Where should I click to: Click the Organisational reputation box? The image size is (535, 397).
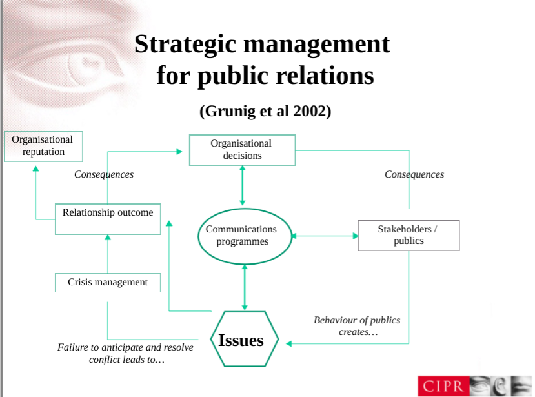click(43, 146)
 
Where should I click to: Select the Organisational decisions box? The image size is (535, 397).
click(241, 150)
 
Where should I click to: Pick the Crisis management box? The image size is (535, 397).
click(107, 282)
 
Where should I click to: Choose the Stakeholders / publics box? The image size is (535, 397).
click(408, 235)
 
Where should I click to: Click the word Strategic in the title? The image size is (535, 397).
click(185, 44)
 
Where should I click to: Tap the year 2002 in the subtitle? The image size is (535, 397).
click(312, 110)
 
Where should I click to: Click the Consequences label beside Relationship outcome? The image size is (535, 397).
click(104, 174)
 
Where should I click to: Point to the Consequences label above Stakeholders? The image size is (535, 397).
click(414, 174)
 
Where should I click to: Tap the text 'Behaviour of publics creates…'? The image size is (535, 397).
click(357, 326)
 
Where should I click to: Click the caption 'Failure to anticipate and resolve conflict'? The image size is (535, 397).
click(125, 353)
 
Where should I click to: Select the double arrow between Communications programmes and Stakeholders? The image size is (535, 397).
click(324, 236)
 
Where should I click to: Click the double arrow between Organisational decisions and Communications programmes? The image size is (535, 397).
click(243, 186)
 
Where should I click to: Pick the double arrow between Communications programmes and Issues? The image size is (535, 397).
click(244, 287)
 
